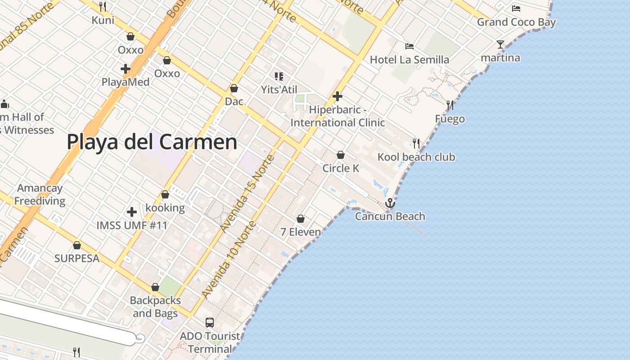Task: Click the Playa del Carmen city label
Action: [x=152, y=142]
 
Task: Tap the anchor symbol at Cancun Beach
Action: [x=390, y=203]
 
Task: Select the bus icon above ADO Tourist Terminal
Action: [x=210, y=322]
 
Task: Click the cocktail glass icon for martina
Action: [x=500, y=44]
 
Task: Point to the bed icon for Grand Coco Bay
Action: [x=516, y=9]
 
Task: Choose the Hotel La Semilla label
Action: [x=409, y=60]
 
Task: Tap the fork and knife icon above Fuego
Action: [x=450, y=105]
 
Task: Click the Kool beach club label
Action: [x=416, y=157]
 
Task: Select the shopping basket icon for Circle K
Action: [x=341, y=155]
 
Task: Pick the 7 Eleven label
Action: [x=301, y=232]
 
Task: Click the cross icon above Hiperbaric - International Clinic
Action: [x=337, y=96]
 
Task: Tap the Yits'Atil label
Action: [x=279, y=90]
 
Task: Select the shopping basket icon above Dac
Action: [x=234, y=88]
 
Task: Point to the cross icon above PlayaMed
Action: [x=126, y=69]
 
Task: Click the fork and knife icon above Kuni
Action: [x=103, y=6]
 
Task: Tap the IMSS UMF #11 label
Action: [x=132, y=225]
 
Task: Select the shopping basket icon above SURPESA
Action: [x=77, y=245]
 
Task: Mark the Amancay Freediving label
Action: [x=40, y=194]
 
